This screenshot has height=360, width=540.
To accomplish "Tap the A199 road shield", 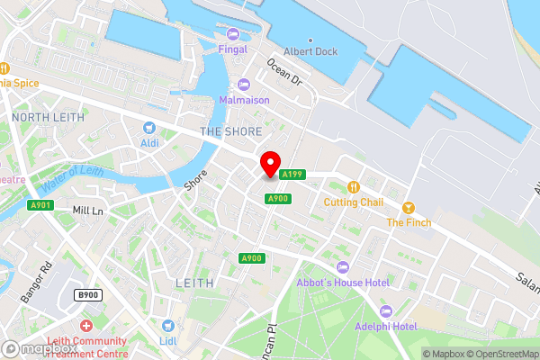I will pos(290,175).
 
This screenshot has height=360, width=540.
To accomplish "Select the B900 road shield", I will pos(87,295).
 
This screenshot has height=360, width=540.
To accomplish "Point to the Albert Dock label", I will pos(310,51).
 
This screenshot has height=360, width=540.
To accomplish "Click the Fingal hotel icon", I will pos(233,34).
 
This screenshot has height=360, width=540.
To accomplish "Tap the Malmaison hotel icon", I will pos(243,85).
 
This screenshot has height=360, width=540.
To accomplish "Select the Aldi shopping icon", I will pos(149,127).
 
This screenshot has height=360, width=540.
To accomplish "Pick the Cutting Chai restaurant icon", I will pos(354,187).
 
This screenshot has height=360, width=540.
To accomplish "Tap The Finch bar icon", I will pos(409,208).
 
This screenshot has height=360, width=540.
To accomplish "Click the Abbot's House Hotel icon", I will pos(342,266).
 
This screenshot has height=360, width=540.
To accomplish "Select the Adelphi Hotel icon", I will pos(384,310).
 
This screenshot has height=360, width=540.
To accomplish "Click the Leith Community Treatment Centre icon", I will pos(86,325).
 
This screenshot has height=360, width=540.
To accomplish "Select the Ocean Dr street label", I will pos(286,70).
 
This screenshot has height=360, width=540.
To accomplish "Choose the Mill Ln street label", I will pos(88,211).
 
